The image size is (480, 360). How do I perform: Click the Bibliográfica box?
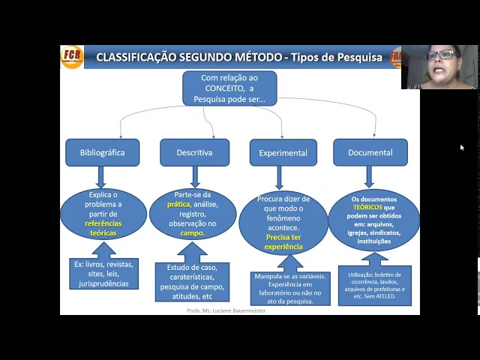[102, 152]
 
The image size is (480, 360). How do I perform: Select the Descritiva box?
[194, 152]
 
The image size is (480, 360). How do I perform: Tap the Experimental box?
[283, 153]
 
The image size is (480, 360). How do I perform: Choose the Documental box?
[370, 152]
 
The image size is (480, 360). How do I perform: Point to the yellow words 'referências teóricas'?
[103, 228]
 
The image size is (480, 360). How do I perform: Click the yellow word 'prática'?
[178, 204]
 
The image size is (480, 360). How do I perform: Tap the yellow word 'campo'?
[192, 233]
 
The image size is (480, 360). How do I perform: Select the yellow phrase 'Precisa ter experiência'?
[283, 241]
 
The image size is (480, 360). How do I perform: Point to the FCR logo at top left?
[72, 57]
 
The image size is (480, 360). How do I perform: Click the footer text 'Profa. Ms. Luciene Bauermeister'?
[226, 310]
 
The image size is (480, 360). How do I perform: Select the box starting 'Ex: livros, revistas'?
[103, 274]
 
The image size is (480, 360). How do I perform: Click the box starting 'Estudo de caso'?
[193, 282]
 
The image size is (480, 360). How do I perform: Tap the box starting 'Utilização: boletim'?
[374, 285]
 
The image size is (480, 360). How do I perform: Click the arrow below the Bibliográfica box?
[102, 177]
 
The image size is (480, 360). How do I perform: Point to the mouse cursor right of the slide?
[462, 148]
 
